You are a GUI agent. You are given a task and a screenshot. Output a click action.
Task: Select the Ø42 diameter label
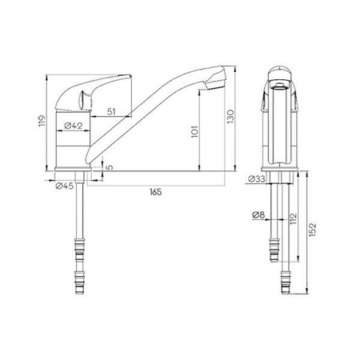pos(74,126)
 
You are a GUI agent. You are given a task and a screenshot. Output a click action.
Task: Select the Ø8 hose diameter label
pos(257,214)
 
